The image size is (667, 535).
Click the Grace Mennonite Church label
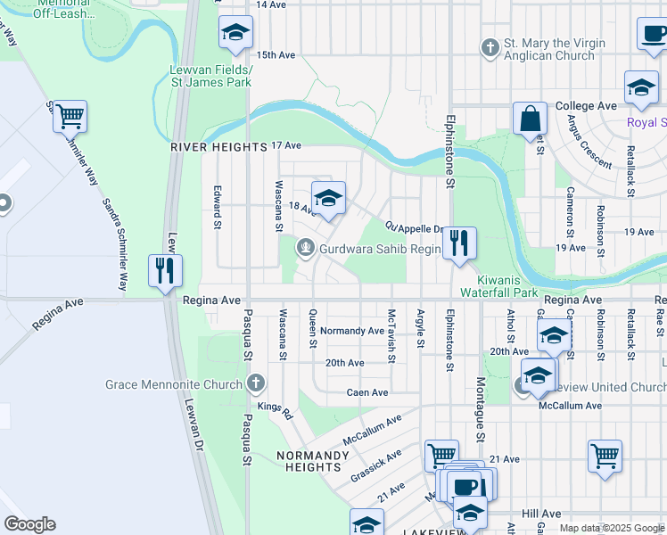pos(173,384)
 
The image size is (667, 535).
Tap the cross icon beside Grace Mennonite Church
pos(256,384)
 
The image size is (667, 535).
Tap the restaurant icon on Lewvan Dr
pos(165,271)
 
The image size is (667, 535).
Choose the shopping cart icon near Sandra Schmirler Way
pos(70,117)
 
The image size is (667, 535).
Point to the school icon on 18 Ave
pos(328,200)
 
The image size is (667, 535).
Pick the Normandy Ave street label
pos(352,331)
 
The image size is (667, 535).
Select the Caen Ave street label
pos(366,392)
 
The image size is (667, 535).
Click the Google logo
pos(29,524)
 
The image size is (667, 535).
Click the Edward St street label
pos(217,208)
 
